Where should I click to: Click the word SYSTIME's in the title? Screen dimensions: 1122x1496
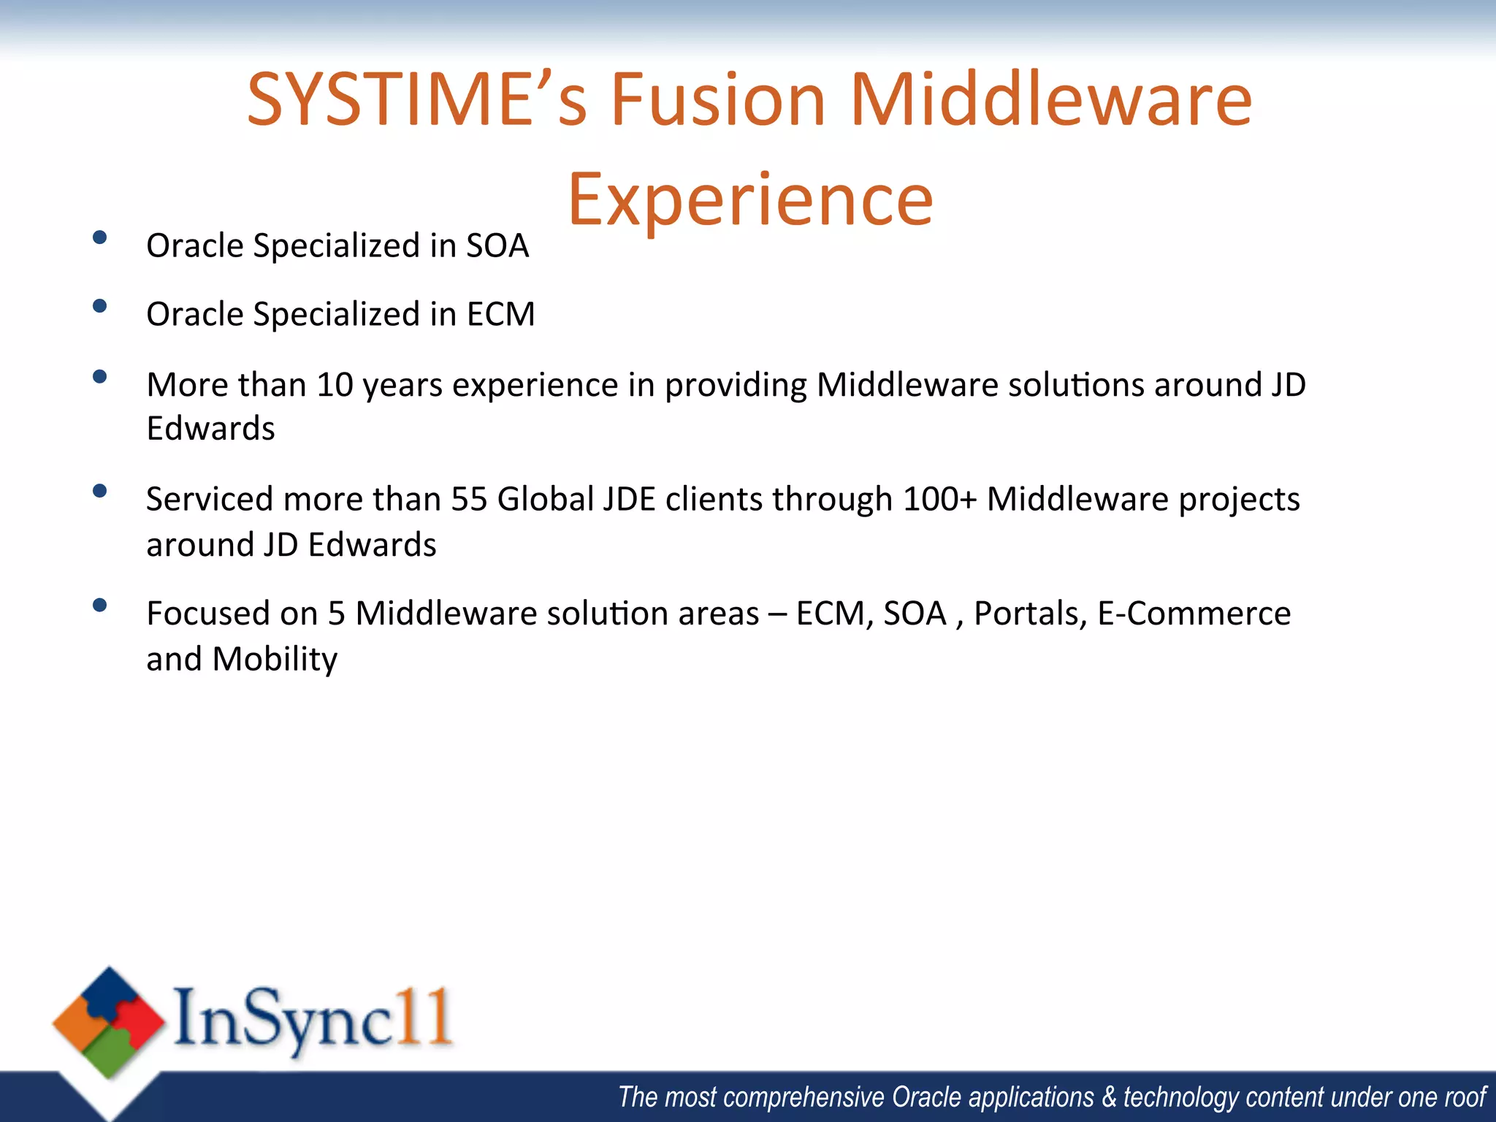(416, 100)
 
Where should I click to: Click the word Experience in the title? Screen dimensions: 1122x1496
(750, 199)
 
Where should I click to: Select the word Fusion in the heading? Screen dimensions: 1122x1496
(717, 100)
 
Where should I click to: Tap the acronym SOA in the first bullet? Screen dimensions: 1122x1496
(497, 245)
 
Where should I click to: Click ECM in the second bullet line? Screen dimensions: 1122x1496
(500, 314)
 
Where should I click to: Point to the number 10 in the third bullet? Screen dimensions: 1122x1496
(335, 385)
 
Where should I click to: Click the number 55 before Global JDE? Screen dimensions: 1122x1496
(469, 500)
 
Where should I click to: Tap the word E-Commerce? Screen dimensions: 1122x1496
(1194, 614)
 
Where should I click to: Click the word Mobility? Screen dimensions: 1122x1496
(275, 659)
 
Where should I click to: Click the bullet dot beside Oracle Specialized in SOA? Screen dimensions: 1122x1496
(100, 237)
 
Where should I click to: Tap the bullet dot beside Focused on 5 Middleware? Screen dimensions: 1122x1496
(100, 605)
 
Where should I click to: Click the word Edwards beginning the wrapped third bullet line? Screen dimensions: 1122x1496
(210, 429)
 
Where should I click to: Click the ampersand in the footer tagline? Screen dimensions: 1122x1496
(1109, 1097)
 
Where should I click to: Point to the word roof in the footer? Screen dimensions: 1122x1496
(1465, 1097)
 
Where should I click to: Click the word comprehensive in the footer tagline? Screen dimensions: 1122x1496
(804, 1097)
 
